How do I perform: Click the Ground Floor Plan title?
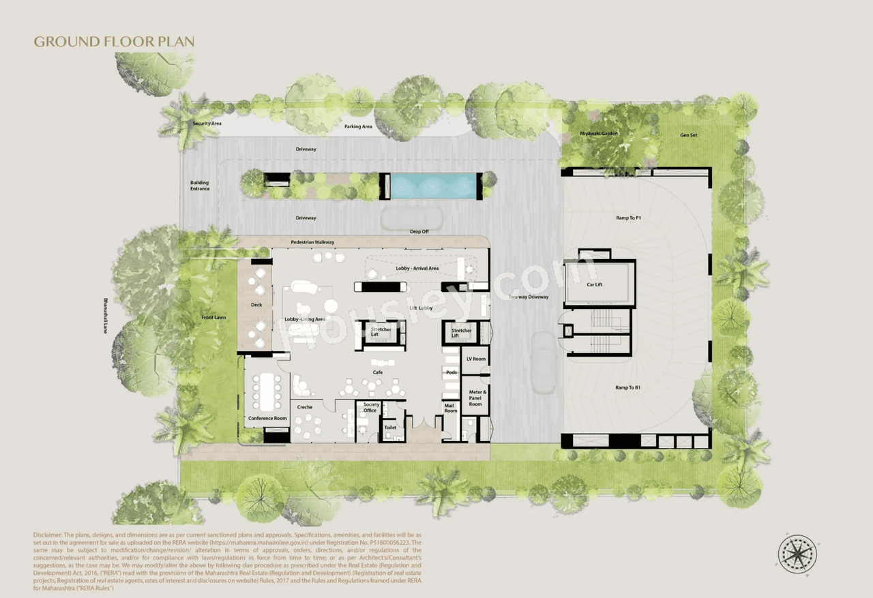click(114, 42)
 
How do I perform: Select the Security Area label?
click(207, 123)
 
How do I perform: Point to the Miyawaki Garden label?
click(599, 133)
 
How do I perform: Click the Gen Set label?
click(688, 135)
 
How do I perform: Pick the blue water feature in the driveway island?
click(433, 186)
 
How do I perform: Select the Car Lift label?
click(595, 284)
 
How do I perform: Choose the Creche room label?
click(304, 407)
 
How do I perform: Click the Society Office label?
click(370, 408)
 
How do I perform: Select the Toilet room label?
click(390, 428)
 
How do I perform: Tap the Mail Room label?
click(450, 408)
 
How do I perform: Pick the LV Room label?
click(475, 359)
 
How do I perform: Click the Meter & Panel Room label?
click(476, 398)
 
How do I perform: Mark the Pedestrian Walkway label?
click(312, 242)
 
